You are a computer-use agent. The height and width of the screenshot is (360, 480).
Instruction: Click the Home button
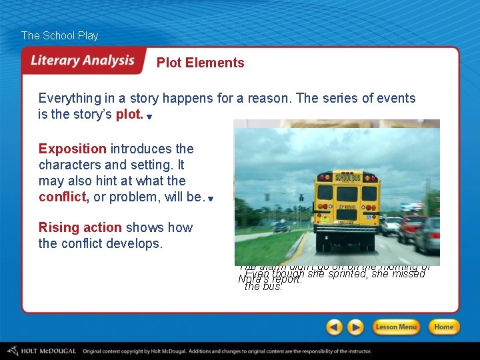tap(443, 327)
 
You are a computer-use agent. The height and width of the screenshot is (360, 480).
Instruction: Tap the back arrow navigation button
tap(335, 327)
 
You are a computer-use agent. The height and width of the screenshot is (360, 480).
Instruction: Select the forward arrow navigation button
tap(356, 327)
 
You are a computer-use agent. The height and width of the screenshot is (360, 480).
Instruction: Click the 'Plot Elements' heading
tap(200, 63)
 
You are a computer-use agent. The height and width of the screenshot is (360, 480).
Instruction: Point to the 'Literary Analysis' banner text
tap(83, 61)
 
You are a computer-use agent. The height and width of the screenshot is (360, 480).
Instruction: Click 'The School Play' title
tap(59, 35)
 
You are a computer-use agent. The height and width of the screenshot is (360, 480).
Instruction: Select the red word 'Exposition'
tap(72, 149)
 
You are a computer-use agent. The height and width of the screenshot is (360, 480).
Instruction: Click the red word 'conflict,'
tap(64, 197)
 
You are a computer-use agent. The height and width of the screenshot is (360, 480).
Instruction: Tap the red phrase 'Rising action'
tap(80, 227)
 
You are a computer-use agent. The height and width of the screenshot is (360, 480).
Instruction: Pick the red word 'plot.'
tap(129, 114)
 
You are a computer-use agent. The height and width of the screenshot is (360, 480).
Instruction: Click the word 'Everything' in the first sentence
tap(71, 98)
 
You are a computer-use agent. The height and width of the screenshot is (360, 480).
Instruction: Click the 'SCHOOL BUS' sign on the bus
tap(346, 177)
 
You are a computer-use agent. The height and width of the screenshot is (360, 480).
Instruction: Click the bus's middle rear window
tap(347, 194)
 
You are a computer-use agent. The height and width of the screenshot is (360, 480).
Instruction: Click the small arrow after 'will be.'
tap(210, 199)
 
